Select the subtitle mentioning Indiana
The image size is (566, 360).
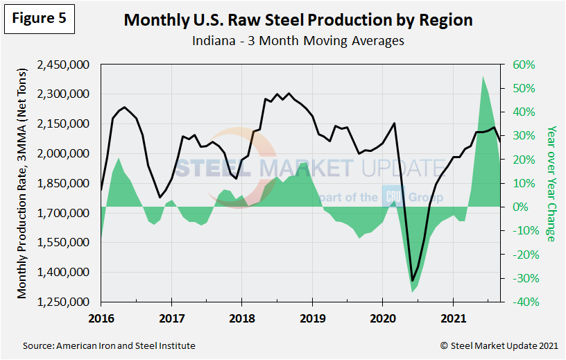point(298,41)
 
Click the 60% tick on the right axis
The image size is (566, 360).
point(524,65)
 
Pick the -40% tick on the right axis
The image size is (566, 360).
point(524,302)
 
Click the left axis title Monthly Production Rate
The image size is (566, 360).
point(24,183)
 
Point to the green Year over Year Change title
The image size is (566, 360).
point(551,183)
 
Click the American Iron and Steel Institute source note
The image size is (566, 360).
point(109,345)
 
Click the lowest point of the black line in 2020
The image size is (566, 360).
point(412,281)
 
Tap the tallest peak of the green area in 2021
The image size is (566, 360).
point(483,76)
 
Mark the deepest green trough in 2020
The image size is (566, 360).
point(412,292)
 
